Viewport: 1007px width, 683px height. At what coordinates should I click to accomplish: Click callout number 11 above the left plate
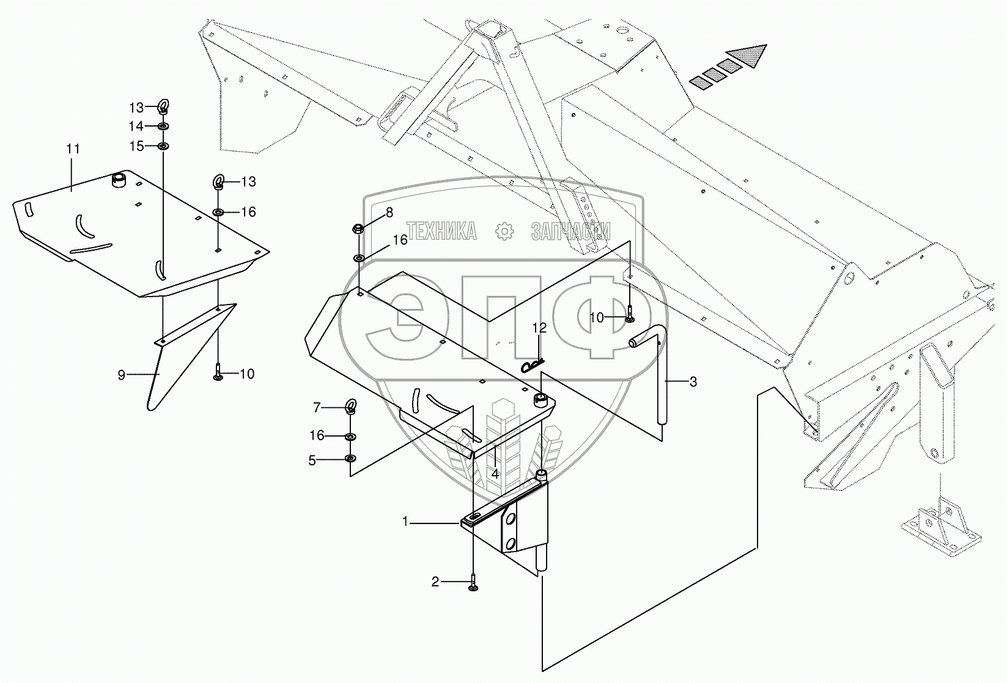(73, 149)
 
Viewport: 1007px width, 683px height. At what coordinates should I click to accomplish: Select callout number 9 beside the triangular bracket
(122, 375)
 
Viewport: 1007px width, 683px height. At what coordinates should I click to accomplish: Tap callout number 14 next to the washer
(136, 126)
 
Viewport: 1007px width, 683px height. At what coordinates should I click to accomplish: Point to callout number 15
(136, 146)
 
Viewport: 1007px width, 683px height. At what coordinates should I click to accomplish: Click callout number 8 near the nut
(389, 212)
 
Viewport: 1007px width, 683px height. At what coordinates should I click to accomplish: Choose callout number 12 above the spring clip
(539, 328)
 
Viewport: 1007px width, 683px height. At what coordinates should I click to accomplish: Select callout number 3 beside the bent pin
(693, 382)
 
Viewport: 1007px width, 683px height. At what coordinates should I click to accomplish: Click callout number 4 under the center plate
(495, 473)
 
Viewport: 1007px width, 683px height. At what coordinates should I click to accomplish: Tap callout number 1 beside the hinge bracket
(405, 522)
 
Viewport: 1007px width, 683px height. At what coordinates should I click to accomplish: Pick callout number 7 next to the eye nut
(317, 407)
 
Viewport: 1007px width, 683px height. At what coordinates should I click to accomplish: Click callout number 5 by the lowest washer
(312, 460)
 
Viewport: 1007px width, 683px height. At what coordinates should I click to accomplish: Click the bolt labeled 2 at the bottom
(474, 584)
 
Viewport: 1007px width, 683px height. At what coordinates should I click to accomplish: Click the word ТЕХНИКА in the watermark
(442, 231)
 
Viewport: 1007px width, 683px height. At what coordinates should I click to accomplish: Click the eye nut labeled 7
(351, 406)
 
